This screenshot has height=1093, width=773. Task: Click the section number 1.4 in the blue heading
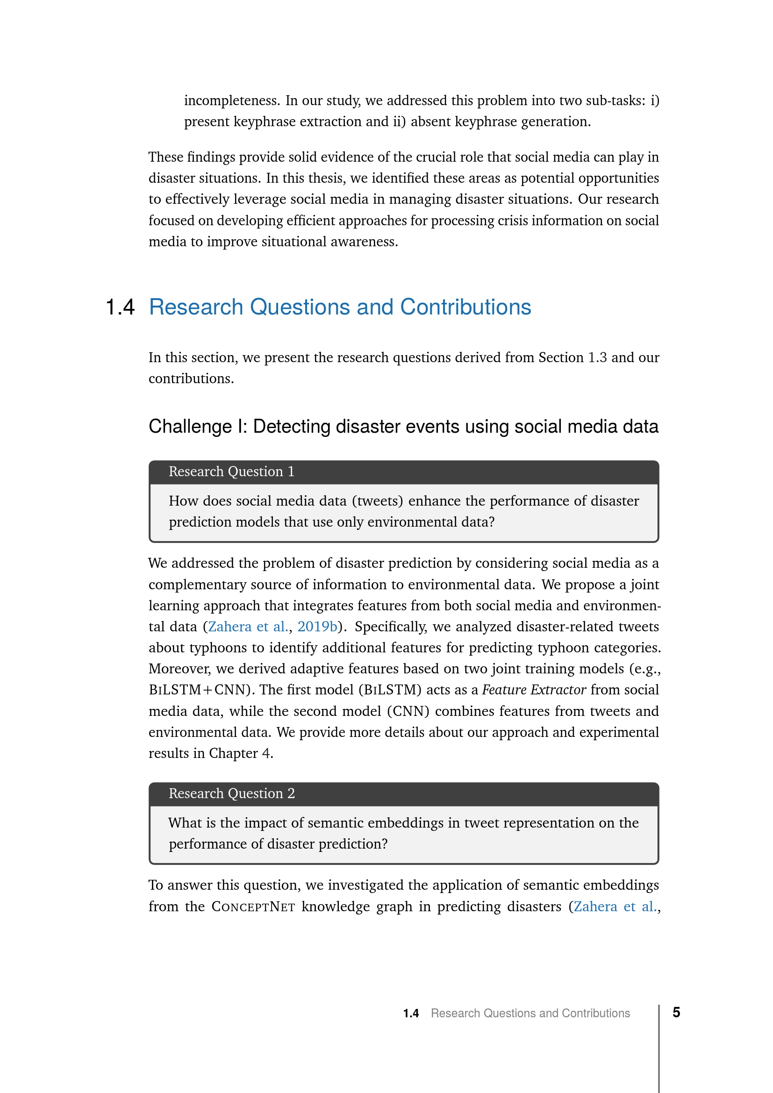[120, 307]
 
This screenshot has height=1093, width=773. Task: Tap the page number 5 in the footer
[676, 1012]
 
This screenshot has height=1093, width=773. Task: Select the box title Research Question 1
[231, 471]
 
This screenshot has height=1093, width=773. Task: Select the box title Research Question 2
[231, 793]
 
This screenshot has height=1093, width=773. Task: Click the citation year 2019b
[317, 627]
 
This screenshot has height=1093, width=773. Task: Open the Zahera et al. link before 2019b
[248, 627]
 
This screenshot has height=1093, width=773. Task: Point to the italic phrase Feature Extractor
[534, 690]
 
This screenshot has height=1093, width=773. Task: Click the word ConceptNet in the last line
[253, 907]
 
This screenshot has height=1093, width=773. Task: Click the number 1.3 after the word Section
[597, 357]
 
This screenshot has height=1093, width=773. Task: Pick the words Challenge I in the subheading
[198, 427]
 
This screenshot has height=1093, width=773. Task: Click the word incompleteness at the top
[231, 100]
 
